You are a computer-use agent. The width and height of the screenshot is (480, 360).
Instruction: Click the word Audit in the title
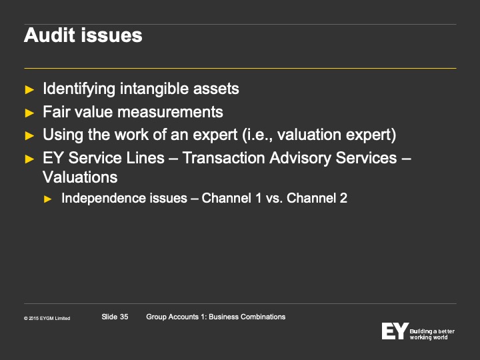coord(49,35)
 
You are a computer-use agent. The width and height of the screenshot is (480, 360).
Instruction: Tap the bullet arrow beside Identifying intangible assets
coord(29,90)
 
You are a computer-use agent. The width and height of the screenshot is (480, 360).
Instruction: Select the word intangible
coord(154,89)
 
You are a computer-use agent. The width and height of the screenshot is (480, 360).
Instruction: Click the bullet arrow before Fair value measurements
coord(29,113)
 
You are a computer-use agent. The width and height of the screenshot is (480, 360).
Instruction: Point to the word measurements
coord(170,112)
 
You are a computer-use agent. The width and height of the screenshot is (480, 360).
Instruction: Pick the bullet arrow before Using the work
coord(29,135)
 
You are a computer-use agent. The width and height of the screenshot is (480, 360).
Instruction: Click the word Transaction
coord(223,158)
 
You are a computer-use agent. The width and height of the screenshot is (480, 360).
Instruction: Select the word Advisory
coord(300,159)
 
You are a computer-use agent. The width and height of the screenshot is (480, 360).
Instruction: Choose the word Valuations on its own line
coord(80,177)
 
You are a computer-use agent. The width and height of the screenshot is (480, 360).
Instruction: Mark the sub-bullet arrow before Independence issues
coord(48,199)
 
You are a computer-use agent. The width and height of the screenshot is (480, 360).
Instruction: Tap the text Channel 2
coord(317,198)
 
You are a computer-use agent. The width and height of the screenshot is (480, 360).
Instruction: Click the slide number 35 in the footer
coord(124,317)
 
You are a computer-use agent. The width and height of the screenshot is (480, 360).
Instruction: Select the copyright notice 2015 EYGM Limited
coord(47,319)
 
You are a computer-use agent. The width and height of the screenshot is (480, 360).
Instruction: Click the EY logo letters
coord(395,331)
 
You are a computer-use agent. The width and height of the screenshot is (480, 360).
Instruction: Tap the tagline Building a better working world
coord(432,334)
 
